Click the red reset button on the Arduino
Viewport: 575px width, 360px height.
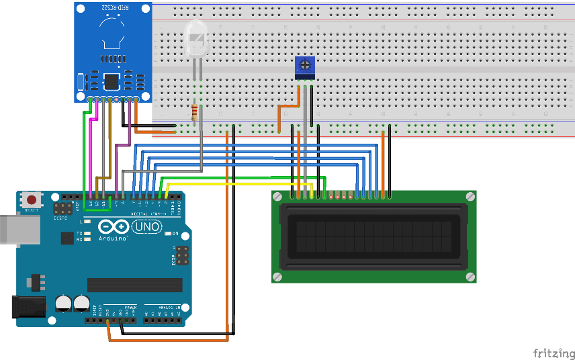tap(31, 199)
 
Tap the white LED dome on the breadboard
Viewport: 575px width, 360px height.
tap(195, 39)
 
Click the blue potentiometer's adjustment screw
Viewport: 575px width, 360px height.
tap(306, 66)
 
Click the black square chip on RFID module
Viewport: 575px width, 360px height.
tap(110, 82)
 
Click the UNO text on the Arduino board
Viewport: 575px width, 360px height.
tap(147, 228)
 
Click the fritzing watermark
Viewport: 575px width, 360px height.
tap(553, 353)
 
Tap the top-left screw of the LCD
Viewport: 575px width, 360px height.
tap(277, 196)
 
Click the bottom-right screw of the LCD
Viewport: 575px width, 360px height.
tap(470, 277)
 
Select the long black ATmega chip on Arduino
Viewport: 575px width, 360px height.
tap(134, 285)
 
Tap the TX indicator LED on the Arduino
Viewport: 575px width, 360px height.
tap(87, 232)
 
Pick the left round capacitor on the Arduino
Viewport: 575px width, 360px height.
tap(64, 302)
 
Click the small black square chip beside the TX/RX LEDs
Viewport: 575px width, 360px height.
tap(67, 238)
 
